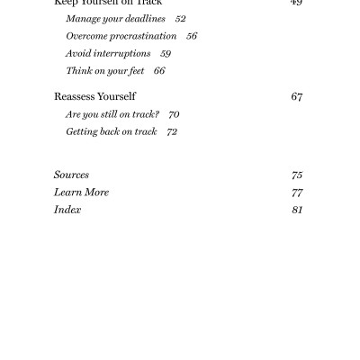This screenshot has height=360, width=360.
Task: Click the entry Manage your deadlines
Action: click(115, 19)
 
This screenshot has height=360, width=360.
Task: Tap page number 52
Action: click(180, 19)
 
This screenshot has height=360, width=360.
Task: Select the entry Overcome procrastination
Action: click(121, 36)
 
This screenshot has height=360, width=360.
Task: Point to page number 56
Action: click(191, 36)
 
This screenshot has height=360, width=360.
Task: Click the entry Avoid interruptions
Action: click(108, 53)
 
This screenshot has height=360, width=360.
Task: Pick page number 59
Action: click(166, 53)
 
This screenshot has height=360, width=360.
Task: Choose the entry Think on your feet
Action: click(103, 70)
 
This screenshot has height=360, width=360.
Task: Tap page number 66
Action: click(159, 70)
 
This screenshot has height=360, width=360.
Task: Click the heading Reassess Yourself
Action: click(94, 96)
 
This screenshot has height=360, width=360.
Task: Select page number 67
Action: click(296, 96)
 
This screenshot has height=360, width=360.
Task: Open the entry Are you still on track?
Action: click(112, 114)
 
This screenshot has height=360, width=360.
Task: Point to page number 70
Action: click(174, 114)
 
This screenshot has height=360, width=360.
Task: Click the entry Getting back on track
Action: click(111, 131)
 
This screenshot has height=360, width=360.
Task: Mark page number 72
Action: click(172, 131)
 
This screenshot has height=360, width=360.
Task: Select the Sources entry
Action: click(71, 175)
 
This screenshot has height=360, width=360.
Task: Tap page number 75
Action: click(297, 175)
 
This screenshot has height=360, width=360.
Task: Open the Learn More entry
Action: click(81, 192)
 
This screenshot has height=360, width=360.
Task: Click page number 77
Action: click(297, 192)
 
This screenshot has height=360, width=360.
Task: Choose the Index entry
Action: click(67, 210)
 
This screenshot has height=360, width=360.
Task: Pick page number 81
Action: click(297, 210)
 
